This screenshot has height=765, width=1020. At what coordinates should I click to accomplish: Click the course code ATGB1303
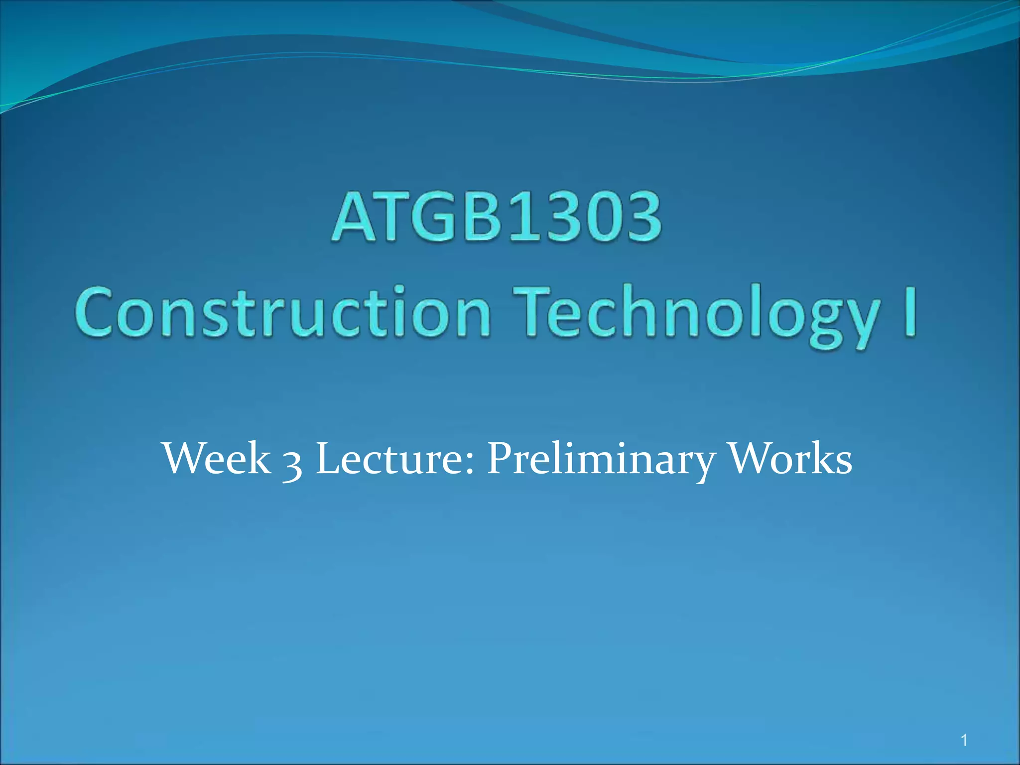tap(497, 218)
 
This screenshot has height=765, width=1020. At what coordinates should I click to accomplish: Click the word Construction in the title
tap(283, 312)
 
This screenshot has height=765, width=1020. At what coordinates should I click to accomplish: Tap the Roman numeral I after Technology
tap(910, 312)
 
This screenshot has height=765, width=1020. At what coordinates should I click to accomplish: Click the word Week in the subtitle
tap(217, 459)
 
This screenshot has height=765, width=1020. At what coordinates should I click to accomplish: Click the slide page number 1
tap(964, 741)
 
